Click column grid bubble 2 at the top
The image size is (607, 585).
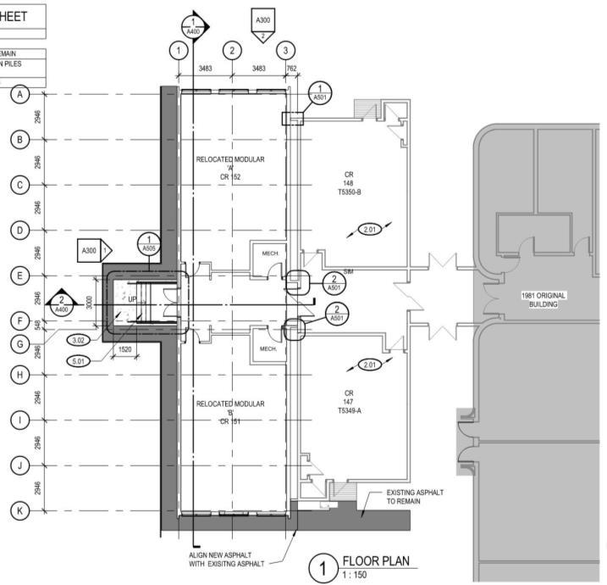tap(231, 50)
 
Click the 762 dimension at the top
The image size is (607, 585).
tap(291, 69)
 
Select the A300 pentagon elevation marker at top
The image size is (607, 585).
tap(263, 21)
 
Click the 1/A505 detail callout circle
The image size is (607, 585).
tap(150, 244)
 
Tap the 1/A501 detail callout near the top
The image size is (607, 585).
tap(319, 92)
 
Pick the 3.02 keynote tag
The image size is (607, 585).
tap(78, 340)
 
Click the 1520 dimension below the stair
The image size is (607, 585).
tap(124, 348)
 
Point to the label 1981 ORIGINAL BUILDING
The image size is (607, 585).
tap(542, 300)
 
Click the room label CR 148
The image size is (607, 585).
tap(348, 183)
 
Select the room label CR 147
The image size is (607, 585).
tap(348, 401)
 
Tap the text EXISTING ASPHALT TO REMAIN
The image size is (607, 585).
tap(416, 497)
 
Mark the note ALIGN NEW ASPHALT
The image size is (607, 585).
tap(228, 560)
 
